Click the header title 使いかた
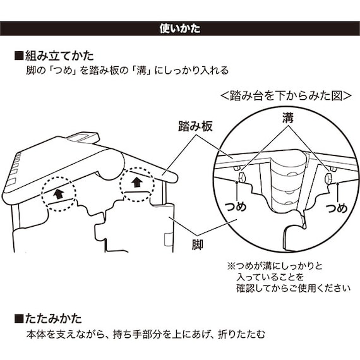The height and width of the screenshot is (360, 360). pos(180,29)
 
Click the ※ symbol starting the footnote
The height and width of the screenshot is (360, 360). pos(230,267)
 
